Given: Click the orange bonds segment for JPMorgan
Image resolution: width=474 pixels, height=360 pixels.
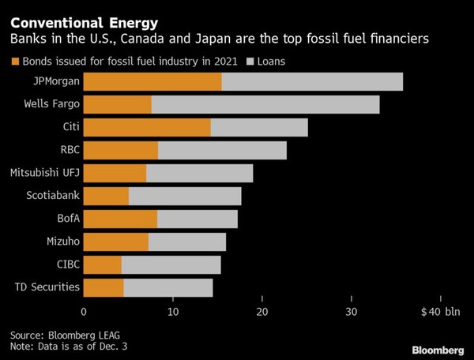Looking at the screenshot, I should point(152,81).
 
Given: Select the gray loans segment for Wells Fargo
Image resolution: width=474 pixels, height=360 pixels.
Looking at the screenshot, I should point(265,104).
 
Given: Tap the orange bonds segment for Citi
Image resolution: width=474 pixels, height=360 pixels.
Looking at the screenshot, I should point(147,127).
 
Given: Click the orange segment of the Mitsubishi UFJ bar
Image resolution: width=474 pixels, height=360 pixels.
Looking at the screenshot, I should point(115,173).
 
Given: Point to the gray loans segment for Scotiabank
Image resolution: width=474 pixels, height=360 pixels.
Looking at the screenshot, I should point(185,196).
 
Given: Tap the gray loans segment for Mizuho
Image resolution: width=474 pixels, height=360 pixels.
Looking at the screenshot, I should point(187,242).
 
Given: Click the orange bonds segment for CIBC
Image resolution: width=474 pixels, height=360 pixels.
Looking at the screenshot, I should point(103,264).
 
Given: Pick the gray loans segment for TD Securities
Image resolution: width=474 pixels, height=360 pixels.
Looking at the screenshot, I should point(168,287).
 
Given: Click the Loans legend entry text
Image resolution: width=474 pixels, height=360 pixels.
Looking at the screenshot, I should point(273,60).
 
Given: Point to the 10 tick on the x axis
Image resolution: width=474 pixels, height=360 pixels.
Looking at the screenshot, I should point(172,310).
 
